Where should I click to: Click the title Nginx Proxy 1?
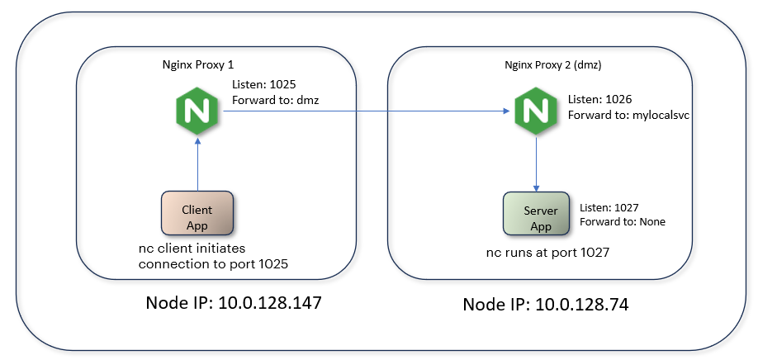tap(198, 64)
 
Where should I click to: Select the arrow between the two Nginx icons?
tap(363, 112)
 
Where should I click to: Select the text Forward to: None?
tap(623, 221)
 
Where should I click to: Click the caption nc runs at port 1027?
tap(547, 253)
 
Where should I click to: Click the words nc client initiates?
tap(192, 249)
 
